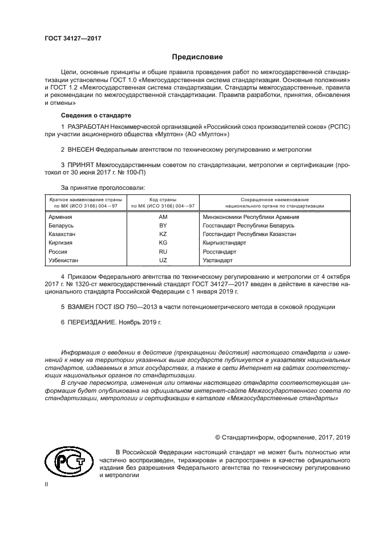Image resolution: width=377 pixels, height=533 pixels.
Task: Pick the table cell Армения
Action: coord(60,217)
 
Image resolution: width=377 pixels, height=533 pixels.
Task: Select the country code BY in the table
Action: coord(163,226)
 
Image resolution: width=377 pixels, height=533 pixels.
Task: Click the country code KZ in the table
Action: coord(163,234)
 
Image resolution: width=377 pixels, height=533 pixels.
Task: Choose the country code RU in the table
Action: coord(163,251)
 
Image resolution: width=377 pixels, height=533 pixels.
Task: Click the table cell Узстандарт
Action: coord(218,260)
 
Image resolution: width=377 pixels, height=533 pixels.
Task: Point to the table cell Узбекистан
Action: coord(66,260)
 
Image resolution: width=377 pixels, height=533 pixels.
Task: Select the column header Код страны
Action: coord(163,200)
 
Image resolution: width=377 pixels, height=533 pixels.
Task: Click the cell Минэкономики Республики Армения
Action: coord(250,217)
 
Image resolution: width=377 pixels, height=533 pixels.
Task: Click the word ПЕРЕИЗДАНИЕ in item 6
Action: coord(91,322)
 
